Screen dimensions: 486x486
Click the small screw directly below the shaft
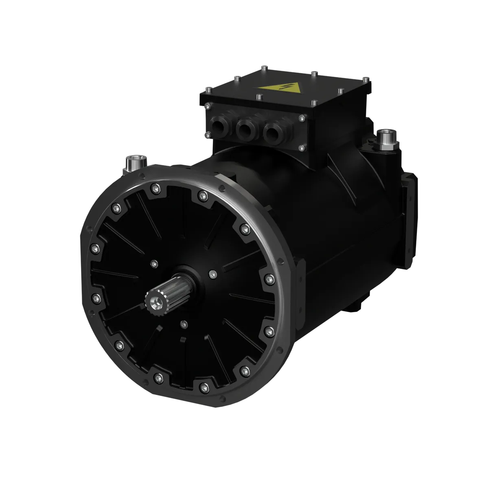click(x=184, y=324)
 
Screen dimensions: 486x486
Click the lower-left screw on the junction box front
click(x=207, y=134)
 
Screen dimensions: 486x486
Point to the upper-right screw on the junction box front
click(x=301, y=118)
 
